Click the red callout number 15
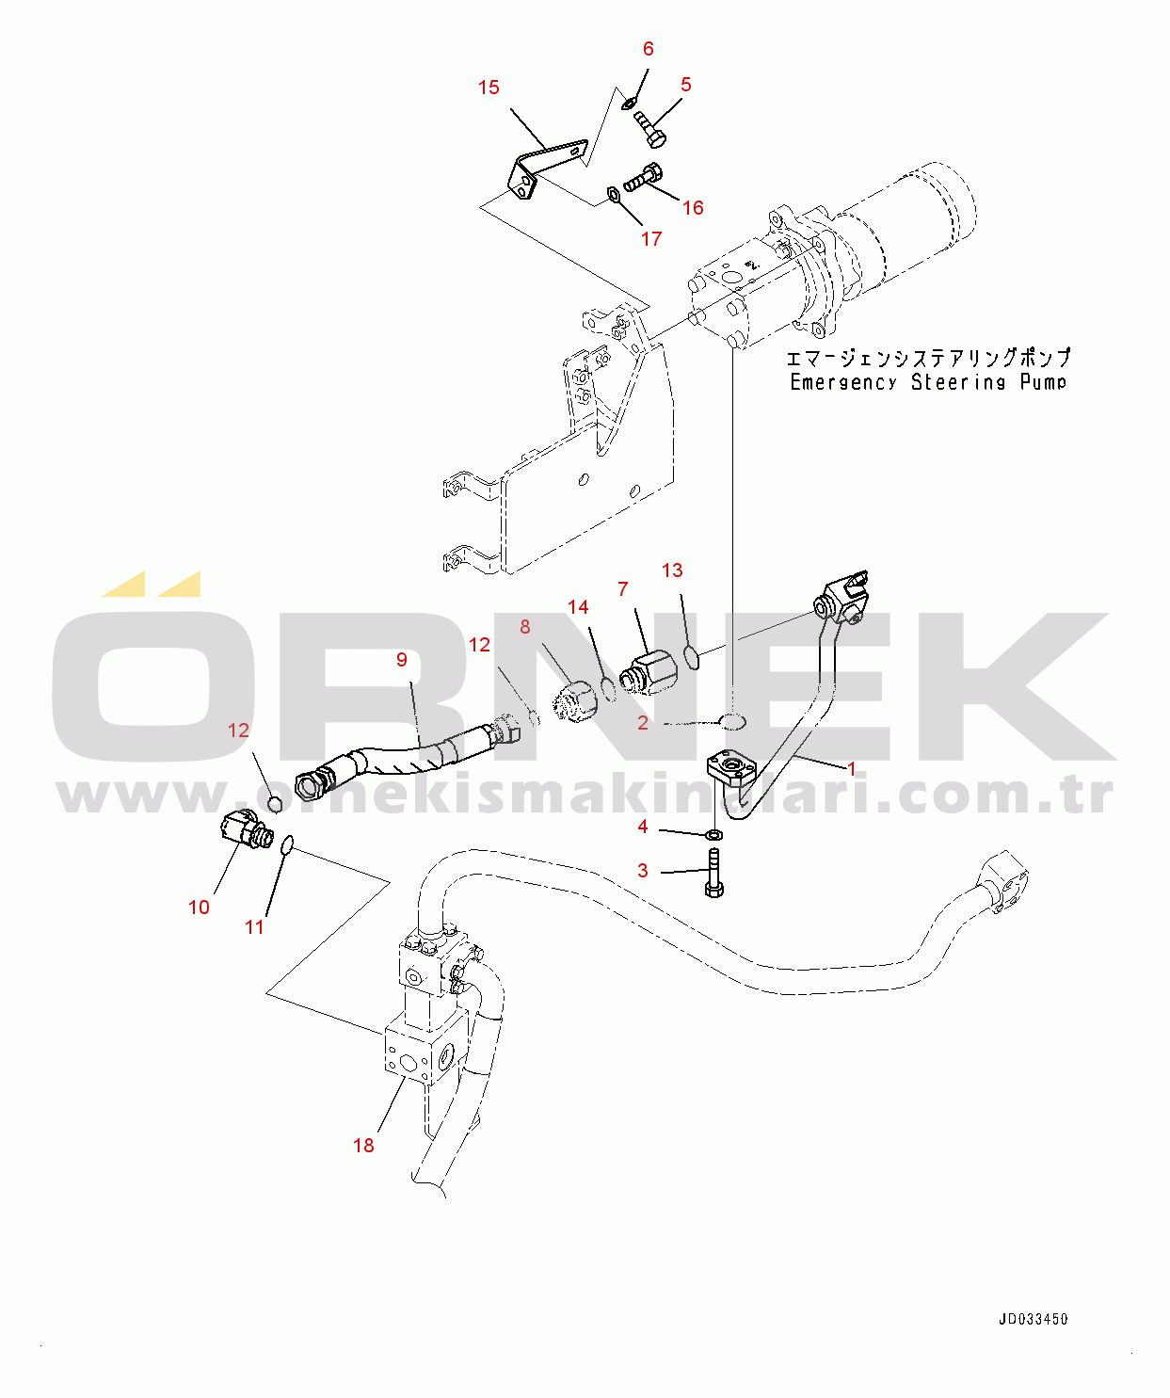(x=489, y=88)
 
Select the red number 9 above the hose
(x=402, y=660)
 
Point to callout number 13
(x=672, y=570)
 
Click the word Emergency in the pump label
(x=843, y=382)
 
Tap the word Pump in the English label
(x=1043, y=382)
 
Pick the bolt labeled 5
(x=649, y=129)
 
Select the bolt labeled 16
(x=643, y=177)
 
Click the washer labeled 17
(x=613, y=195)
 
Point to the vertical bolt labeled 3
(x=714, y=873)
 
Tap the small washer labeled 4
(x=714, y=835)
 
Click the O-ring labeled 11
(x=286, y=845)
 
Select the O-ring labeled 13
(x=692, y=656)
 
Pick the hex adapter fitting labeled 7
(x=649, y=674)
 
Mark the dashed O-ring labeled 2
(x=732, y=721)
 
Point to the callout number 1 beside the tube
(x=852, y=768)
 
